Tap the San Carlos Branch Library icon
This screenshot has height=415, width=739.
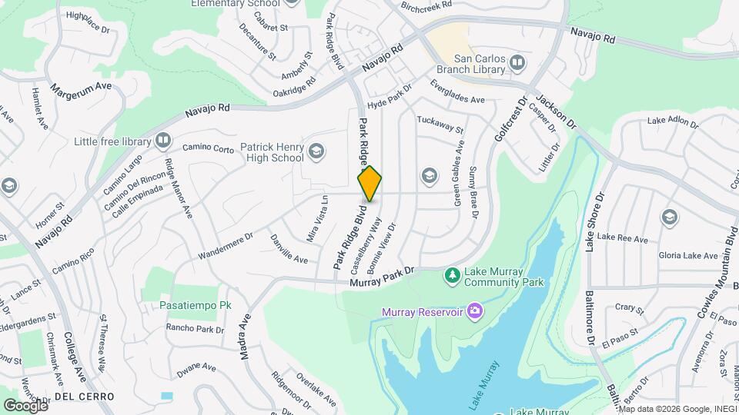(517, 62)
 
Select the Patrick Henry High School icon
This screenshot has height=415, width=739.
(316, 151)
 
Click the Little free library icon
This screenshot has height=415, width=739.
(162, 140)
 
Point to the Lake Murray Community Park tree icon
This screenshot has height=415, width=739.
(453, 275)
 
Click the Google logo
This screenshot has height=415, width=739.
(25, 405)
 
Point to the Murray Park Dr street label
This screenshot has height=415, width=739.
(383, 277)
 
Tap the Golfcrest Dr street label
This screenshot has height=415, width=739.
(512, 118)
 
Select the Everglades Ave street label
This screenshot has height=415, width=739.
(457, 92)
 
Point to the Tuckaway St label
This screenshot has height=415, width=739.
(440, 124)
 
